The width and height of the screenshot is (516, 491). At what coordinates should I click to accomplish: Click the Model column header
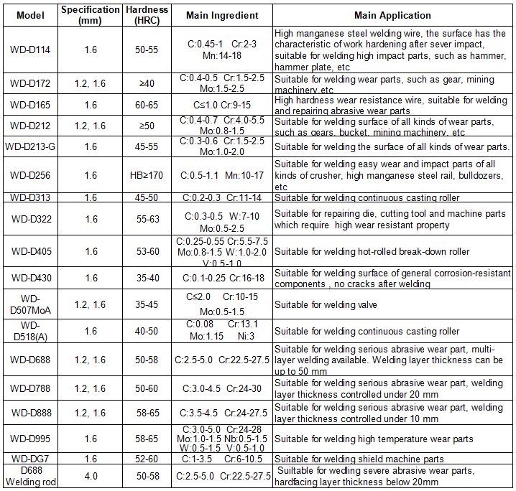pos(29,14)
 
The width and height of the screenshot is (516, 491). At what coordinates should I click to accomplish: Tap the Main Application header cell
pos(392,14)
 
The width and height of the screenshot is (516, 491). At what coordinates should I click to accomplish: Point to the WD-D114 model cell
pos(29,50)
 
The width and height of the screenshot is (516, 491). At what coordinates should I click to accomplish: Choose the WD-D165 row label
pos(29,106)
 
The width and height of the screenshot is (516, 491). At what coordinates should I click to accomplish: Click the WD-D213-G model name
pos(29,147)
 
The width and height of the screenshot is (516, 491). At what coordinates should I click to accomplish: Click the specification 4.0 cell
pos(91,477)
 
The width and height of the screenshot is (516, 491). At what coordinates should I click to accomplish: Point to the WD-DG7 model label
pos(29,459)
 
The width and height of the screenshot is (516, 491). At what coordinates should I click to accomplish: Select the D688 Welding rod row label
pos(29,477)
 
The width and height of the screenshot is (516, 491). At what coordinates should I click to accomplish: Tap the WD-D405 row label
pos(29,251)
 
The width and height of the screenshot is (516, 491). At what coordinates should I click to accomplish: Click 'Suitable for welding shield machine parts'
pos(359,459)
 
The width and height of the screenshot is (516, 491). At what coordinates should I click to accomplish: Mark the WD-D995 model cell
pos(29,439)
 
